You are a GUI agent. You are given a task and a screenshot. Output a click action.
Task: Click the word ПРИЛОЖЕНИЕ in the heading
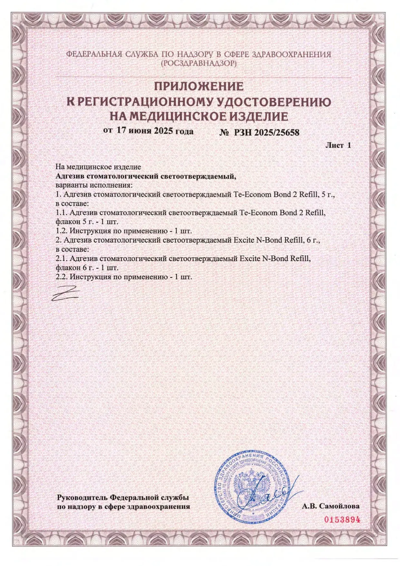199,86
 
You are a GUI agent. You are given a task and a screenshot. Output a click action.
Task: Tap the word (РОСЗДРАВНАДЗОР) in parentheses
199,64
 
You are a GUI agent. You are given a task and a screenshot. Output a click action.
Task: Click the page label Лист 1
338,145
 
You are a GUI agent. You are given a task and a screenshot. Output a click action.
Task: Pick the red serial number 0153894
341,520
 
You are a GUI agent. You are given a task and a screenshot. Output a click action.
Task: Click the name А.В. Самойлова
331,506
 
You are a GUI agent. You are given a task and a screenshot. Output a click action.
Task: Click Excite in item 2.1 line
250,258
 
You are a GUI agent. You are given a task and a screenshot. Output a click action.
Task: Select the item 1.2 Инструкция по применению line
124,231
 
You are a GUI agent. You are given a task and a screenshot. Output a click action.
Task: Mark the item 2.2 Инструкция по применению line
124,277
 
